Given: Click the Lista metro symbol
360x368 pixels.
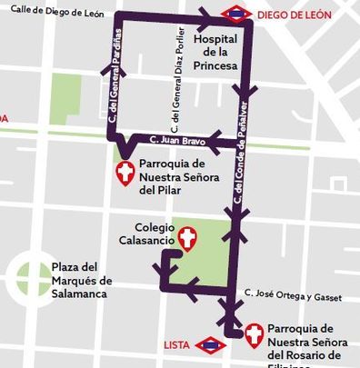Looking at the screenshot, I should point(211,344).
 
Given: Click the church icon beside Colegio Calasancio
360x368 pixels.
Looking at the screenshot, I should point(187,238).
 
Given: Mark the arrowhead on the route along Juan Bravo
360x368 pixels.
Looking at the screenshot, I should point(215,140).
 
